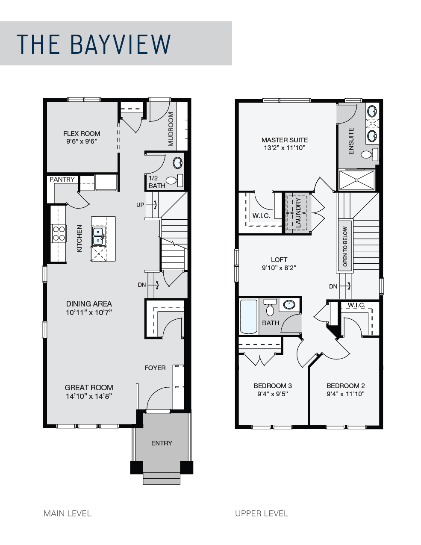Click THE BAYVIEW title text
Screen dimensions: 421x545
coord(94,44)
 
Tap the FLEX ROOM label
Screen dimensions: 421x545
coord(82,133)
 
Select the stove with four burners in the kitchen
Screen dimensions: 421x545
coord(59,233)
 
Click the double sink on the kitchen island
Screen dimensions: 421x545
coord(98,236)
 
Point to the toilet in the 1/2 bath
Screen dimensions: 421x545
coord(174,180)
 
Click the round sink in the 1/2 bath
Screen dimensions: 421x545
coord(177,163)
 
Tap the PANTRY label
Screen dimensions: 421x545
coord(62,180)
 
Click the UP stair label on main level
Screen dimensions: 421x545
coord(140,205)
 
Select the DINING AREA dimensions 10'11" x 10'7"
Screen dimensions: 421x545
coord(89,312)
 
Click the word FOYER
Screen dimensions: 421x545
coord(155,368)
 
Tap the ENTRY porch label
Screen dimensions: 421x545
coord(162,443)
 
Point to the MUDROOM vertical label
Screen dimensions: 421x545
coord(171,129)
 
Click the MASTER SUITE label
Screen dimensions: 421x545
coord(285,140)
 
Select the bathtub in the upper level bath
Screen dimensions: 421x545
coord(248,316)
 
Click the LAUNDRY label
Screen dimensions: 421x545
coord(298,213)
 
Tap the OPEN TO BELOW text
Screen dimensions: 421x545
coord(345,246)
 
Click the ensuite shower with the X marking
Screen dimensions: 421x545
coord(357,180)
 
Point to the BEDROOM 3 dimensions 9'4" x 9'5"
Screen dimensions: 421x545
coord(273,394)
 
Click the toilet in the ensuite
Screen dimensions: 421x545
coord(370,154)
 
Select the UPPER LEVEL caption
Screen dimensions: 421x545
coord(262,513)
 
